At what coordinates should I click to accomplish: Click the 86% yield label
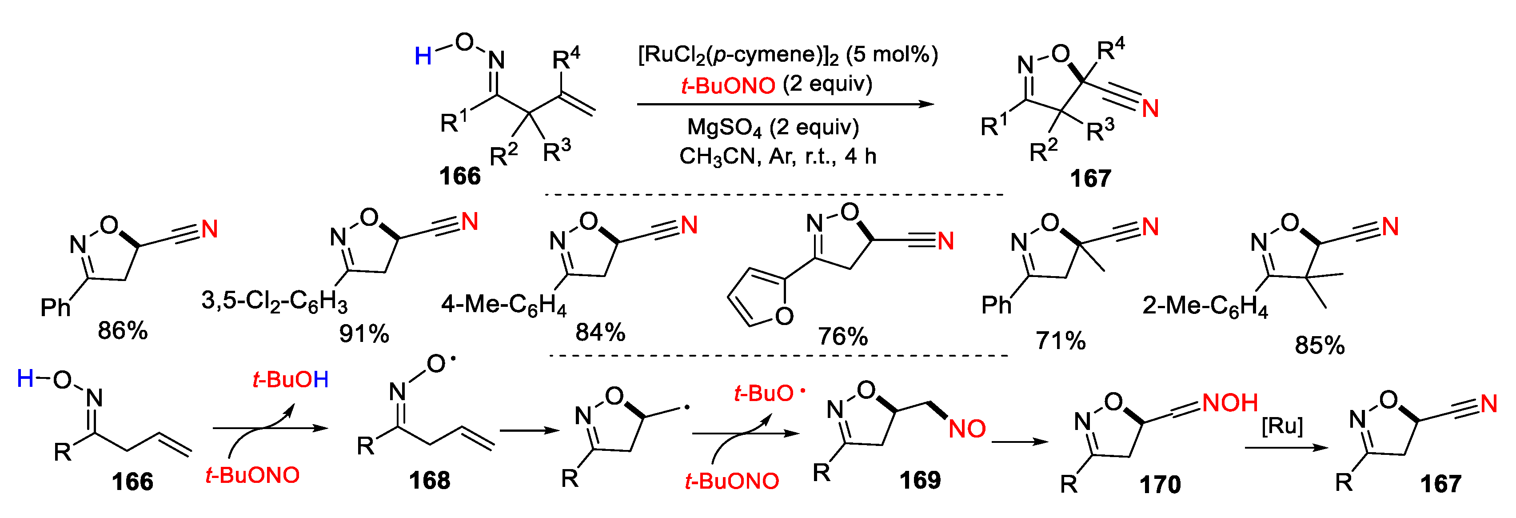(123, 331)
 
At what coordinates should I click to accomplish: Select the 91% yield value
(364, 334)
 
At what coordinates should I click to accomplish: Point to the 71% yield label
(1061, 341)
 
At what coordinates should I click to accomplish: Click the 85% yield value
(1320, 345)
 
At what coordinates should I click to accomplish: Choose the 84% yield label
(600, 333)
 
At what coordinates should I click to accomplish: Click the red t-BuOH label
(290, 380)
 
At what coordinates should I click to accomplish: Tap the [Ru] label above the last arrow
(1282, 425)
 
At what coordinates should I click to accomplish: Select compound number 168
(430, 481)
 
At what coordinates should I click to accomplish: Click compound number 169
(920, 481)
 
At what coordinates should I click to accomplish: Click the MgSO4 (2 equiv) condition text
(773, 128)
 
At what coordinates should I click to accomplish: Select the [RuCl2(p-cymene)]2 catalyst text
(787, 55)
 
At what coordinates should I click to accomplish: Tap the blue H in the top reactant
(423, 56)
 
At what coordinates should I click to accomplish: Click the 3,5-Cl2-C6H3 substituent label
(274, 301)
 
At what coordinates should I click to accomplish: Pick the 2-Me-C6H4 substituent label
(1205, 306)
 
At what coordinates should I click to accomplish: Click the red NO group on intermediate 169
(967, 429)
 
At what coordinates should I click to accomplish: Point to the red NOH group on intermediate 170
(1230, 403)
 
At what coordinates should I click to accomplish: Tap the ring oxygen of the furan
(784, 317)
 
